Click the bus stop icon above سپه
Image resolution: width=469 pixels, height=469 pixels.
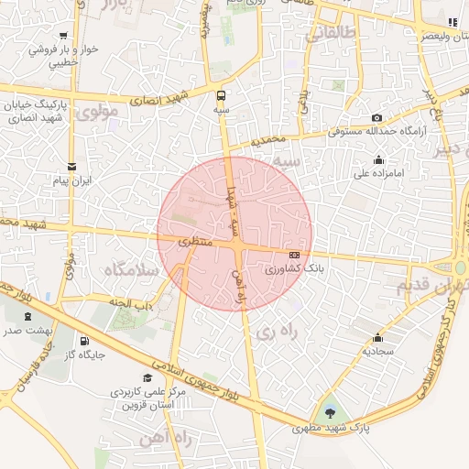[x=221, y=95]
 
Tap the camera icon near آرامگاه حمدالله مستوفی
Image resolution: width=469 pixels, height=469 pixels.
[x=376, y=118]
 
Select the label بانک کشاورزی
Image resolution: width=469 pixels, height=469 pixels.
[x=295, y=270]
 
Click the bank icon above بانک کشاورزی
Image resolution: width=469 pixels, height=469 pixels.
[x=294, y=255]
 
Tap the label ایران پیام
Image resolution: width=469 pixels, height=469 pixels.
[x=72, y=181]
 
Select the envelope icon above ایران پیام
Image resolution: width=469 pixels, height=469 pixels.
[x=72, y=166]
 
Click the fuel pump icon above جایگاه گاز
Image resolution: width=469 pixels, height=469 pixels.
[x=84, y=341]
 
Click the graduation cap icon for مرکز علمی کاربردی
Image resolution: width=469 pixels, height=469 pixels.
[x=147, y=377]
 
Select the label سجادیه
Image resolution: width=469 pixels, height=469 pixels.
[x=377, y=351]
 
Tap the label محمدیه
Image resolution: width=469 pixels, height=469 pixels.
[x=271, y=140]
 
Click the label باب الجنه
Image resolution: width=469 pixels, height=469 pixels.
[x=128, y=303]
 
